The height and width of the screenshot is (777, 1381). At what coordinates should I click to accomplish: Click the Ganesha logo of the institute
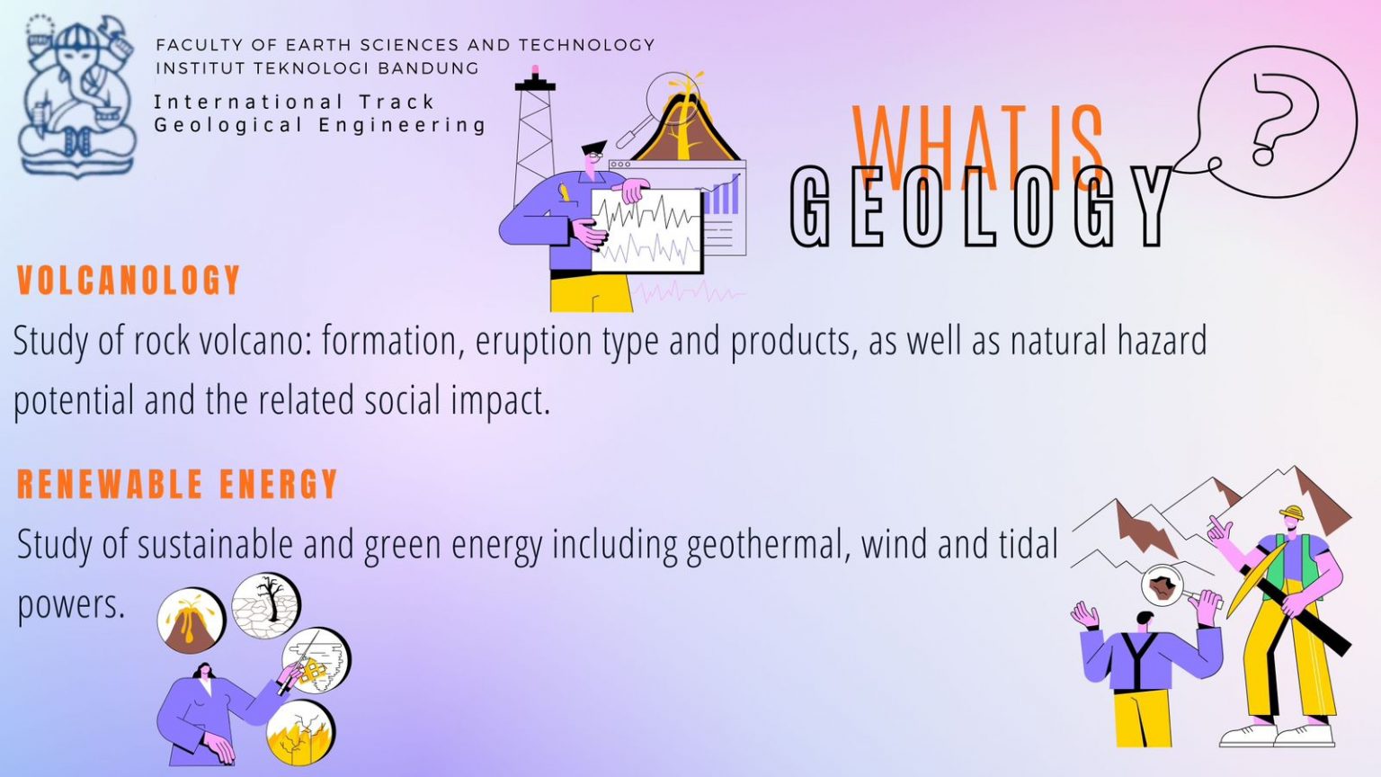[77, 95]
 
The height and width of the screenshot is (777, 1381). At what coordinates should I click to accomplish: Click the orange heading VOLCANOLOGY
[129, 281]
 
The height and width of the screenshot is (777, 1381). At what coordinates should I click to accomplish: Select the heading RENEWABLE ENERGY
[177, 485]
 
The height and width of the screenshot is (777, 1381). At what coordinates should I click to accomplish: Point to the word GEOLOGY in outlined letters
[981, 208]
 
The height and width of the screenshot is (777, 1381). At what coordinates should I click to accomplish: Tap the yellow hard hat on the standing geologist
[1292, 514]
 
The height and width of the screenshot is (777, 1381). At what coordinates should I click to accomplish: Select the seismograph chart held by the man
[646, 230]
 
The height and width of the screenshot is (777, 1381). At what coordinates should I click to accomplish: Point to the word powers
[71, 604]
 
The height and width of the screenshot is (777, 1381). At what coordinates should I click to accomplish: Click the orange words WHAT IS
[977, 144]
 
